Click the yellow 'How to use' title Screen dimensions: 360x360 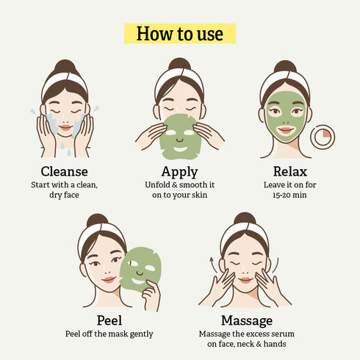(x=179, y=33)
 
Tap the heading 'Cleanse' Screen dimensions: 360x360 (x=64, y=172)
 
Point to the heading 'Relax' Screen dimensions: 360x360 (x=285, y=172)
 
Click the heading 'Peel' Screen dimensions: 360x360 (x=109, y=320)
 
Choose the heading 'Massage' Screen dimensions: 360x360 (x=246, y=320)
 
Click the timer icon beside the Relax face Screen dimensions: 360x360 (x=323, y=137)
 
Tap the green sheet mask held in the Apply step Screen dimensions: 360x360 (x=179, y=137)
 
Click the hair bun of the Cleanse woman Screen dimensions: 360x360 (x=65, y=66)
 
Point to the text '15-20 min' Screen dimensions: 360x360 (x=285, y=197)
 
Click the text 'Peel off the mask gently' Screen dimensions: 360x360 (x=109, y=334)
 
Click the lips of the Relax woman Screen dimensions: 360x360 (x=285, y=131)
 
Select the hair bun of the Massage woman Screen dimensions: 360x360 (x=246, y=220)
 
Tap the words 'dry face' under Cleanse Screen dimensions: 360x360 (x=64, y=197)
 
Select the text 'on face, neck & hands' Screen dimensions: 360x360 (x=246, y=345)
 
